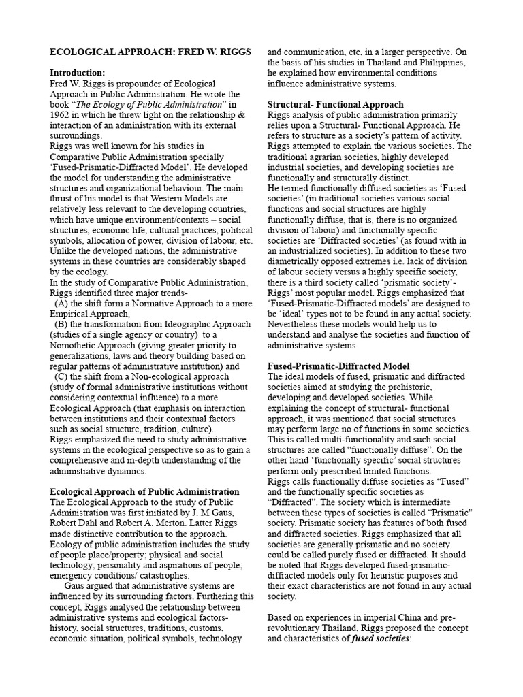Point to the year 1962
coord(64,115)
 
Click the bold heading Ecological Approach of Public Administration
coord(145,491)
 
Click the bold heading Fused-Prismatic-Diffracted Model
coord(338,366)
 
